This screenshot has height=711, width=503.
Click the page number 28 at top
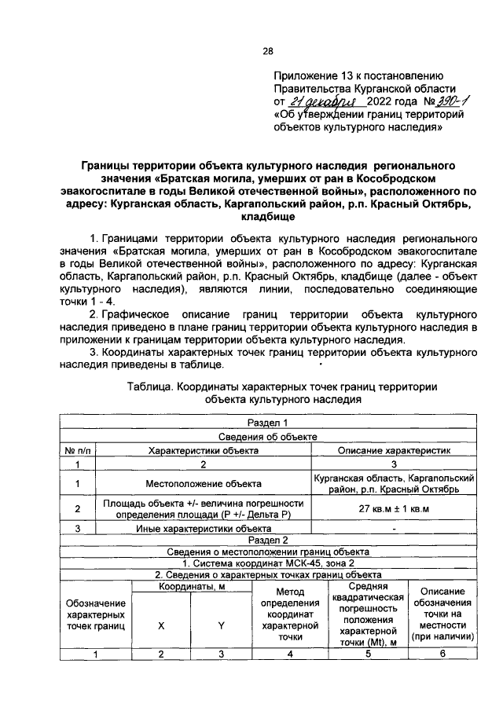[267, 51]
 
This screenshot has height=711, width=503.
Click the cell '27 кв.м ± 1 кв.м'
[393, 508]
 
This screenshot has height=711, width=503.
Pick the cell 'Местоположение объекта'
[204, 484]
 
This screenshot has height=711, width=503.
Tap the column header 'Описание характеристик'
[393, 450]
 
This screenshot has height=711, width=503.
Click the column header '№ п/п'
[78, 450]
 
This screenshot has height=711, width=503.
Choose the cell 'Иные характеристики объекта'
[204, 529]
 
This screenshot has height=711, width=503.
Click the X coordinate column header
[160, 625]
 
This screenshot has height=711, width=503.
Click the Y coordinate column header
[221, 625]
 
